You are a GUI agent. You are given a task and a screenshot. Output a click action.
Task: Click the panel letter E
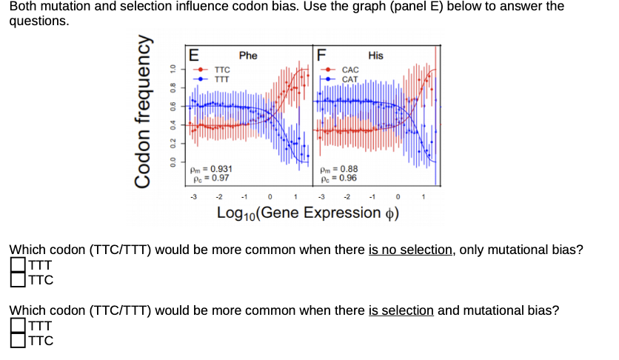point(194,54)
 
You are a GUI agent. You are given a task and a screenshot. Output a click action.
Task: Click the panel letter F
point(321,54)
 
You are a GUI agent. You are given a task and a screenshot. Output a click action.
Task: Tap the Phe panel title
point(248,56)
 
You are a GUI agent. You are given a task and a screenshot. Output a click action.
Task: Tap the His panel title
point(375,56)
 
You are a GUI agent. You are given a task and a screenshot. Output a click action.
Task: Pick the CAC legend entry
point(349,70)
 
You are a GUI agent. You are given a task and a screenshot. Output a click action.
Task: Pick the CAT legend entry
point(349,79)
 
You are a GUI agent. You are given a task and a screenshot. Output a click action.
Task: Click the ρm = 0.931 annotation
point(212,169)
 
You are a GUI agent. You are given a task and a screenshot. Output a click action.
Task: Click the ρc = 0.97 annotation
point(210,178)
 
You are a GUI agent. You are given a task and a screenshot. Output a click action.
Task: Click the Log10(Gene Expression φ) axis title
point(308,214)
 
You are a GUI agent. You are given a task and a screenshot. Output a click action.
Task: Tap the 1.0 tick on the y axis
point(172,68)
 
